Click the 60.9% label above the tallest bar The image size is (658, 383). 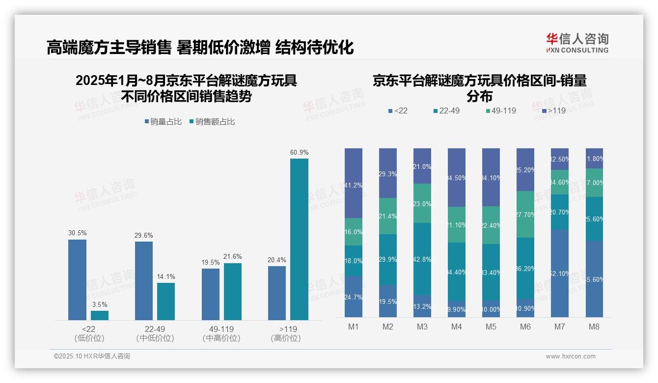point(299,153)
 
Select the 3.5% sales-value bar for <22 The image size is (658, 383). point(100,315)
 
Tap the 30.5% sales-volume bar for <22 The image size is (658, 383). point(77,280)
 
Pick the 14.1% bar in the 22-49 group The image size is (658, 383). point(166,301)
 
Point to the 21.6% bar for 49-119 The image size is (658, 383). point(233,292)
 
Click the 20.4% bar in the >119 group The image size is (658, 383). point(277,293)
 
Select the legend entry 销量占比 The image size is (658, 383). point(163,122)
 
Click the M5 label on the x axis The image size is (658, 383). point(491,327)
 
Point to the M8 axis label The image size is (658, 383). point(594,327)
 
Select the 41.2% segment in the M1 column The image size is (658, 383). point(354,183)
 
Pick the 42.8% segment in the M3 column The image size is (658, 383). point(422,259)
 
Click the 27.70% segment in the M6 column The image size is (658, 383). point(525,215)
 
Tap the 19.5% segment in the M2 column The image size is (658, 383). point(388,301)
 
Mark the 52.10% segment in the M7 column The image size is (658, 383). point(560,274)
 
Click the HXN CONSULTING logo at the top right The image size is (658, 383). point(577,43)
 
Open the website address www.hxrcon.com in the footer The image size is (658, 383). point(570,356)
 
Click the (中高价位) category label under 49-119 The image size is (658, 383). point(221,338)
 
